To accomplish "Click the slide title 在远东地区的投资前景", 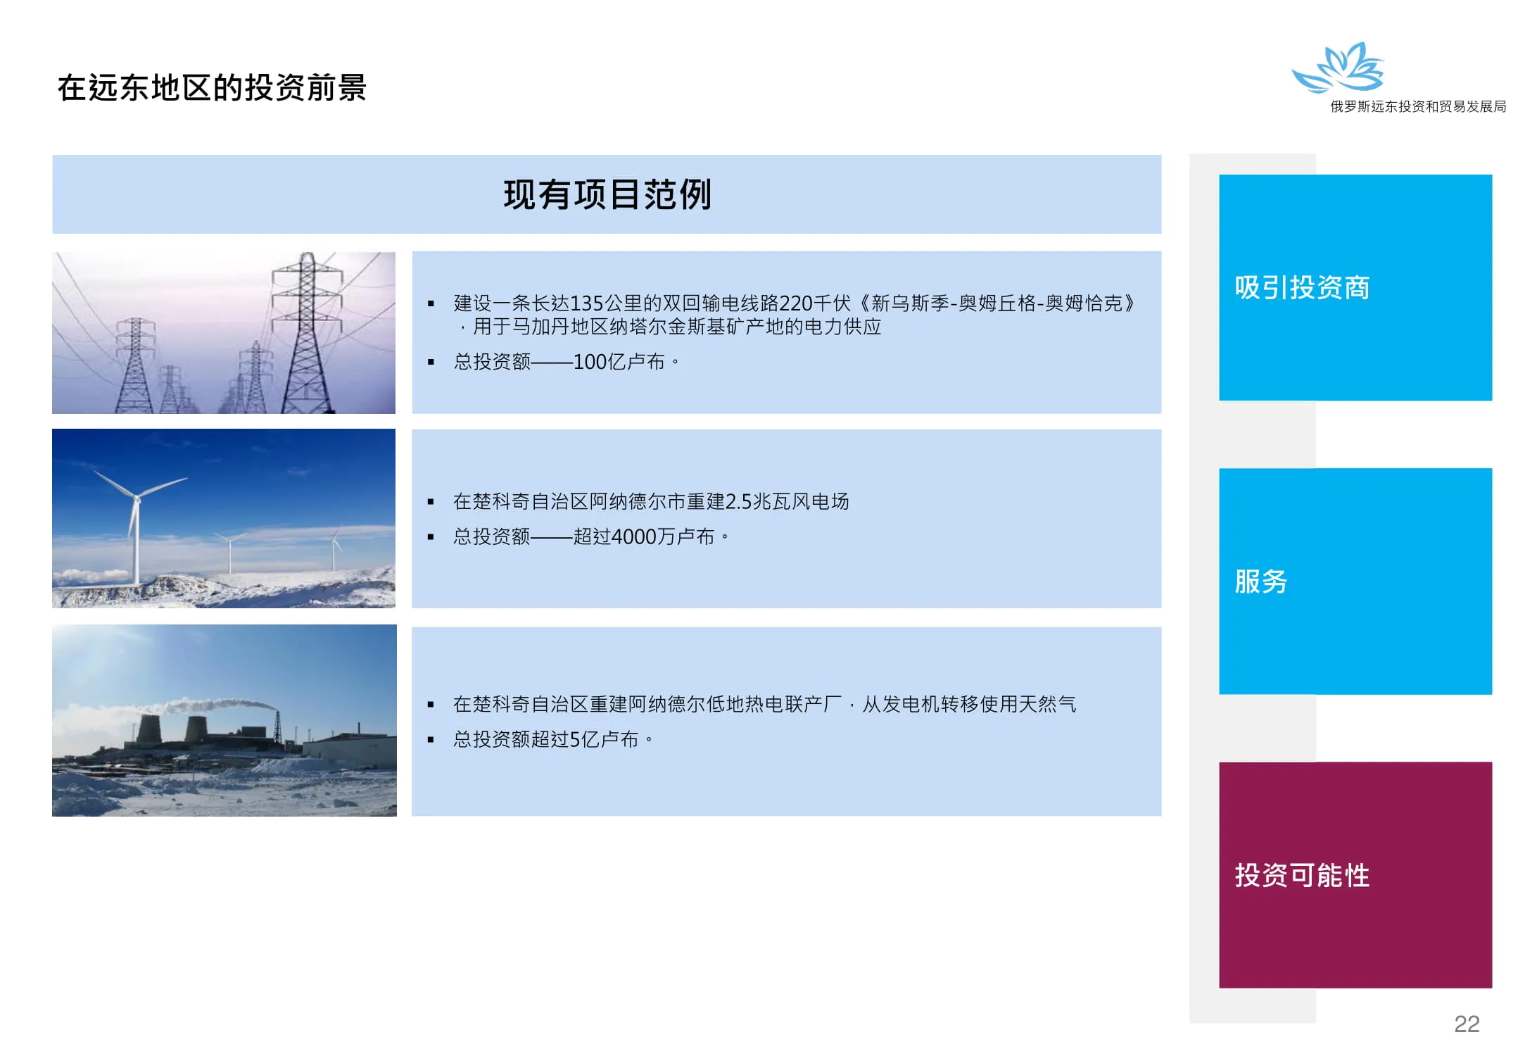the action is click(212, 88).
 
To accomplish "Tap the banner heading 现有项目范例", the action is click(607, 194).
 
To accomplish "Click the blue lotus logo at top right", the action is click(1338, 67).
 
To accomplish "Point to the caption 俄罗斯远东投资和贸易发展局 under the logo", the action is click(1417, 106).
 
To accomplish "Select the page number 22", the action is click(1467, 1024).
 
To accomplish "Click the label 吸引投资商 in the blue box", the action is click(1302, 287).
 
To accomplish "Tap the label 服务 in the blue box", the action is click(1260, 582).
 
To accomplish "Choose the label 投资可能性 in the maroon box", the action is click(1302, 875).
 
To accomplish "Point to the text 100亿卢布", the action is click(619, 362).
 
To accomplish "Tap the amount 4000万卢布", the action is click(662, 536).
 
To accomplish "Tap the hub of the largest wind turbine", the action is click(137, 498).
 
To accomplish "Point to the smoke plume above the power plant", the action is click(211, 705).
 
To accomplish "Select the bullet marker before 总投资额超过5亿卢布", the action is click(431, 740).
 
